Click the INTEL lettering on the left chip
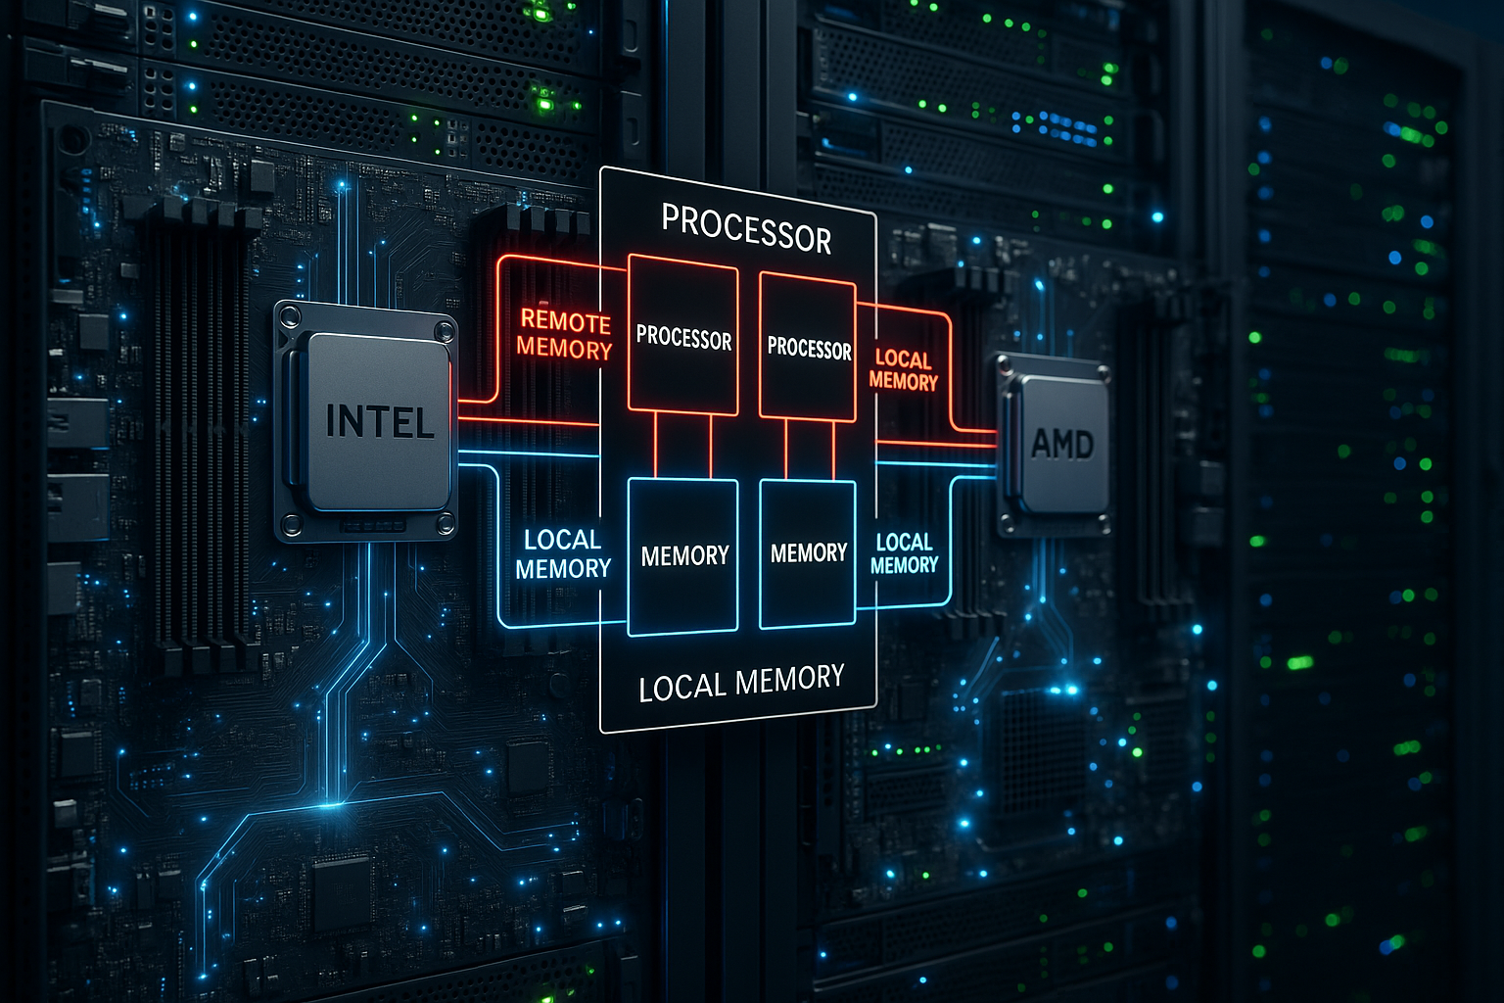click(x=380, y=422)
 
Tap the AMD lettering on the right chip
click(x=1062, y=445)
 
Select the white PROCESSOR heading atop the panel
click(x=746, y=228)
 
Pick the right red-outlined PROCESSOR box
click(x=808, y=347)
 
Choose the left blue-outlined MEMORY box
click(x=683, y=556)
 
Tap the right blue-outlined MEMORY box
click(x=808, y=553)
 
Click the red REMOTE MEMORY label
click(x=564, y=335)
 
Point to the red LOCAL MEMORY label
click(x=903, y=370)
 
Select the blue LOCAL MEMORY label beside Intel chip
click(x=563, y=554)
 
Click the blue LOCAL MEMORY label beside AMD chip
click(x=904, y=553)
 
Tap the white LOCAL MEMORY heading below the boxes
click(x=741, y=683)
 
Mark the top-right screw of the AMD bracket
click(x=1104, y=374)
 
